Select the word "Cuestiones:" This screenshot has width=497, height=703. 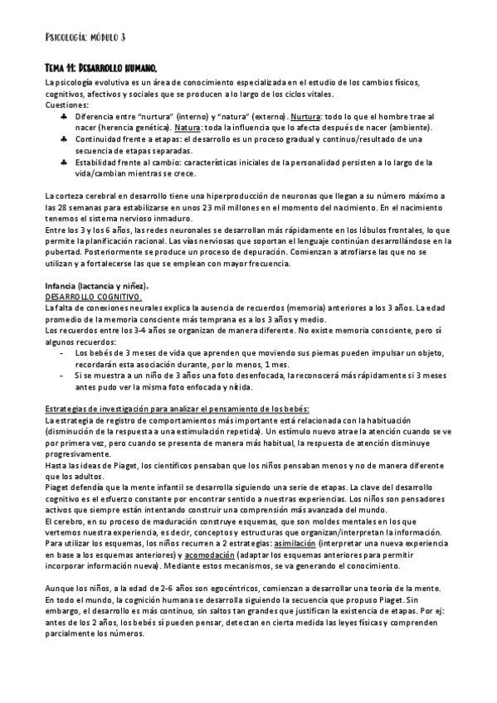click(x=66, y=106)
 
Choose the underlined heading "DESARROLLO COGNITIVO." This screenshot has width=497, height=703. click(x=94, y=296)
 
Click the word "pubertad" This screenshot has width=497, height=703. click(x=63, y=252)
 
